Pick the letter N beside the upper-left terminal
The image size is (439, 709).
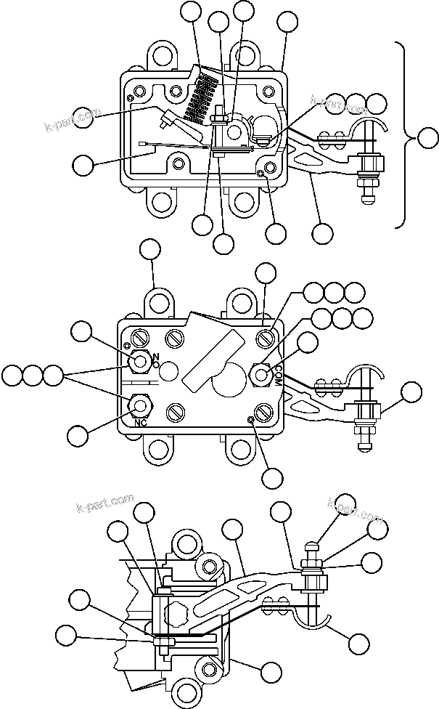click(x=155, y=356)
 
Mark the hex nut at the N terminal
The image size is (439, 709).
click(x=139, y=360)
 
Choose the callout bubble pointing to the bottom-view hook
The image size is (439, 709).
click(x=358, y=641)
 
